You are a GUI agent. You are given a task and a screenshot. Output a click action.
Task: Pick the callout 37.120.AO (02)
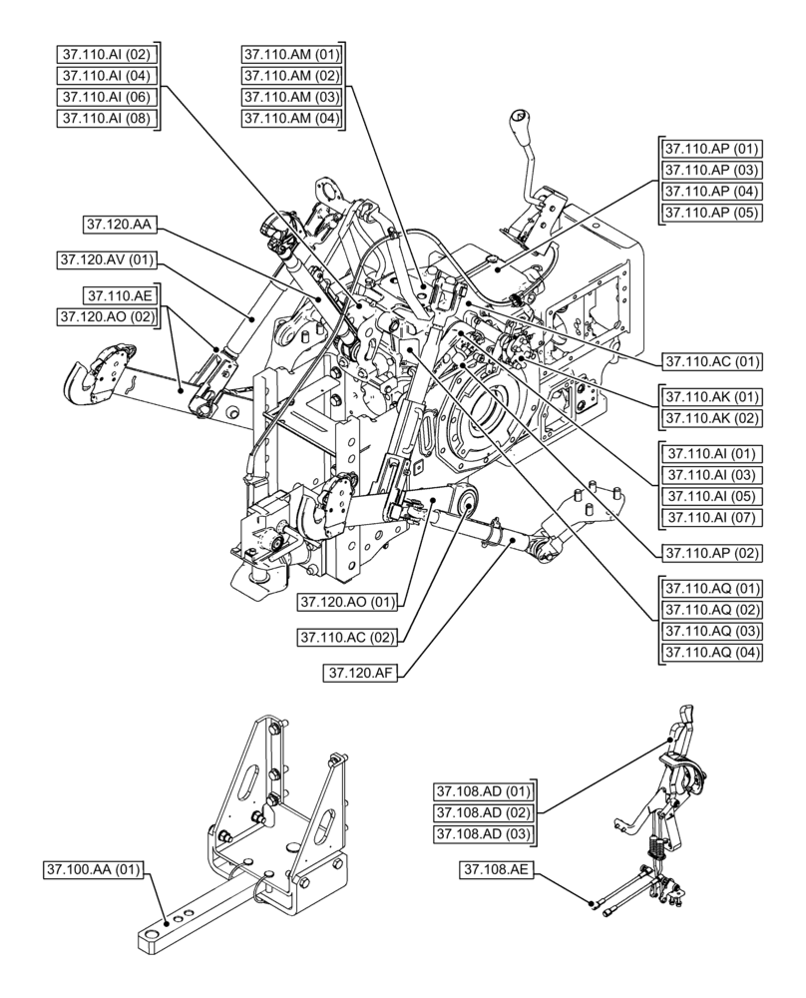(109, 317)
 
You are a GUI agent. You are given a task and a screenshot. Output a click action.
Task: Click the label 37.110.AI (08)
(105, 119)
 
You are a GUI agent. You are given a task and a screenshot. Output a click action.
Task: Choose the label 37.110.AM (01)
(290, 53)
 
